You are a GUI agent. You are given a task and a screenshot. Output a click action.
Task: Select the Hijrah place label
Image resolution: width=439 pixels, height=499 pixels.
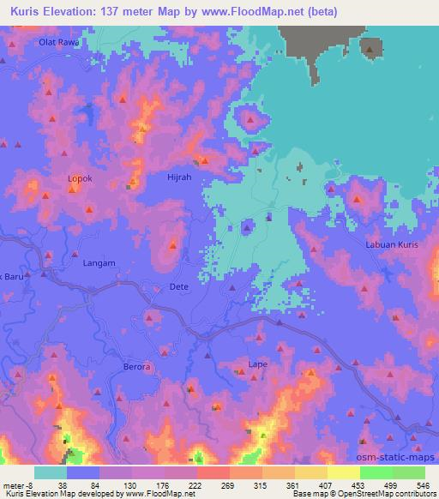pyautogui.click(x=178, y=179)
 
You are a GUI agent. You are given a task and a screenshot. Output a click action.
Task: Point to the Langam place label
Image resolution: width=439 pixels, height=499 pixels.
pyautogui.click(x=99, y=264)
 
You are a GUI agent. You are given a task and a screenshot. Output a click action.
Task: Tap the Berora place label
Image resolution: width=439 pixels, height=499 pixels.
pyautogui.click(x=135, y=366)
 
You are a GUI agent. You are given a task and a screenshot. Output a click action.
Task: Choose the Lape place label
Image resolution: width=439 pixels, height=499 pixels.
pyautogui.click(x=257, y=364)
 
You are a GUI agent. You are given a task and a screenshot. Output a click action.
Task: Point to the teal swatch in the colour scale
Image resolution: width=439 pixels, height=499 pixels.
pyautogui.click(x=50, y=472)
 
